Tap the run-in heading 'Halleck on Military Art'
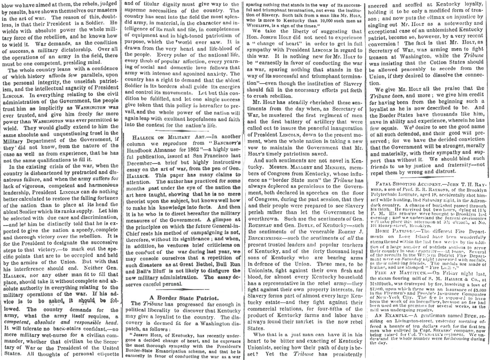coord(158,137)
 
